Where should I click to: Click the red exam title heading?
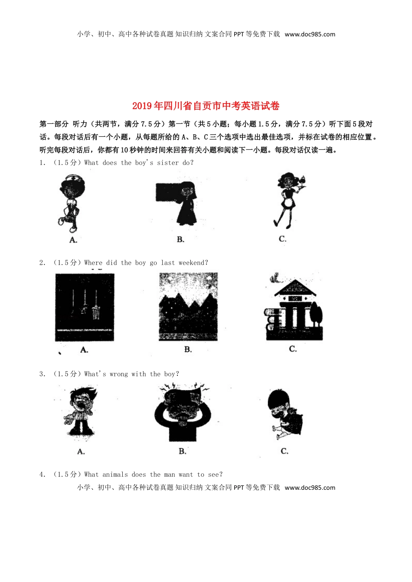pos(206,106)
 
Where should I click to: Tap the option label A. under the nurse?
pos(73,239)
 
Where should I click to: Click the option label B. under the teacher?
pos(180,239)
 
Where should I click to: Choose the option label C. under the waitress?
pos(282,239)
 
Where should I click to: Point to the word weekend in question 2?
pos(193,263)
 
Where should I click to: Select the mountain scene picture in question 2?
pos(188,307)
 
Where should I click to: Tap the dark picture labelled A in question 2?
pos(85,307)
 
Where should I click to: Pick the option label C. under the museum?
pos(293,349)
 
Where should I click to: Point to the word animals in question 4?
pos(115,475)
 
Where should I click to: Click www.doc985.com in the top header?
pos(310,35)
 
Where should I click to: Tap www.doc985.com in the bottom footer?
pos(310,488)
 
